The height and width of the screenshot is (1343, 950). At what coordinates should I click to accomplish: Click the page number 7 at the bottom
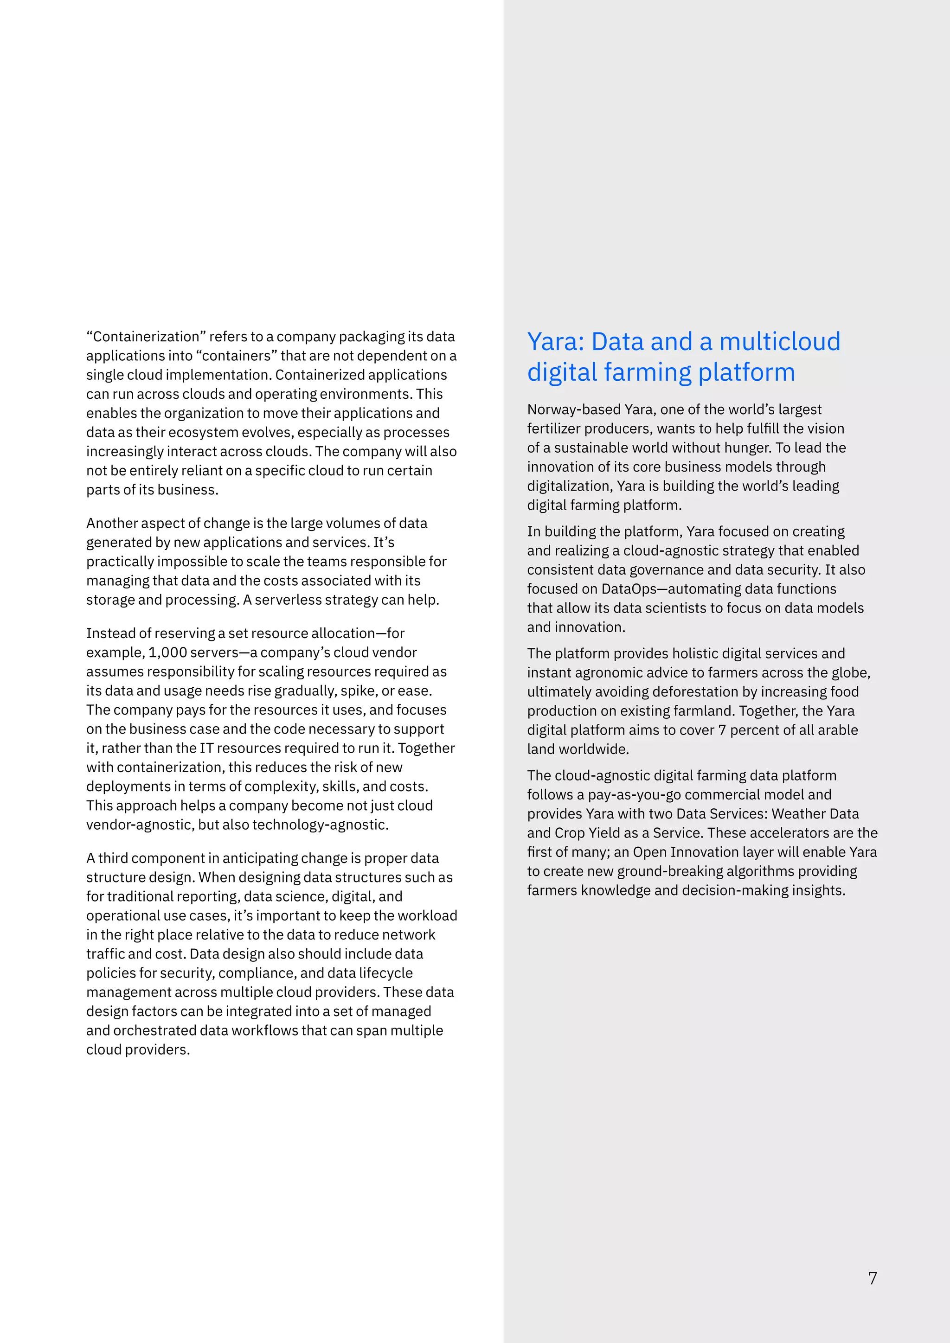(872, 1279)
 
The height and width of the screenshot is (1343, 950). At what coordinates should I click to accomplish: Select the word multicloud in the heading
(780, 342)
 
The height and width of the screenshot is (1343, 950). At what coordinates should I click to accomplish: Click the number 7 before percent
(722, 730)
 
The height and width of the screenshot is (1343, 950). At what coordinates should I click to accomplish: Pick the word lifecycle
(385, 973)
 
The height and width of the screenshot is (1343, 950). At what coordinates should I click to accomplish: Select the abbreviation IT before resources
(206, 748)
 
